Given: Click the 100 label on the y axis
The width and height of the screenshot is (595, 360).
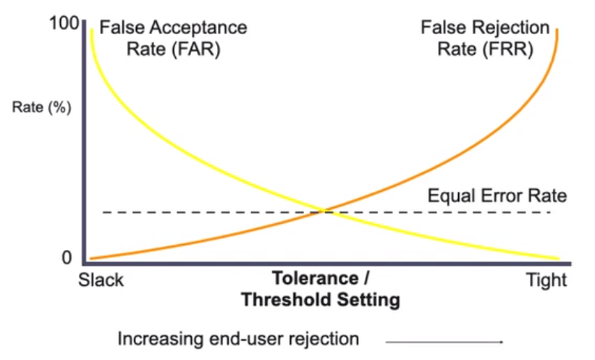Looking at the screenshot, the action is pos(64,24).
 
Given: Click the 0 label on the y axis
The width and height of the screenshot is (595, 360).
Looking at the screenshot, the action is pos(67,258).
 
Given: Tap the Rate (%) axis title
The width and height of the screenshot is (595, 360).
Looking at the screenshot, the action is pos(42,107).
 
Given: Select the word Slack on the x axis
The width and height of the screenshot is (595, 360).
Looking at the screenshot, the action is pos(101,280).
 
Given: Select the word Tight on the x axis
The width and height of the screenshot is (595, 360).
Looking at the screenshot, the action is pos(546,280).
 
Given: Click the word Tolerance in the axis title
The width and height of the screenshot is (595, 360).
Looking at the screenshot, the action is pos(316,278).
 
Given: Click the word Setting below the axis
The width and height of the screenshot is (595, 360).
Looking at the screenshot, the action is pos(368,301).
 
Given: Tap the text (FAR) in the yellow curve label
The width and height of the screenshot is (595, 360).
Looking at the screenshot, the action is pos(196,49).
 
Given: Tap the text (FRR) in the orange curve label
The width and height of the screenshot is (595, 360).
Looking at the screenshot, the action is pos(508,49).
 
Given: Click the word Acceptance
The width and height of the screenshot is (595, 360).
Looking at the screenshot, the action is pos(198,28).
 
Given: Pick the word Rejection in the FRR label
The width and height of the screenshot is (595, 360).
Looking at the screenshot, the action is pos(511,28).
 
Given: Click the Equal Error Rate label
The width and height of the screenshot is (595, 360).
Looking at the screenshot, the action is pos(497,196).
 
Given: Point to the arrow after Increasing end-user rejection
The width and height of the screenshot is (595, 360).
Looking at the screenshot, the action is pos(444,342).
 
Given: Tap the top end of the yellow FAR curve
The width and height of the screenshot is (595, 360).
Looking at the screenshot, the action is pos(91,30).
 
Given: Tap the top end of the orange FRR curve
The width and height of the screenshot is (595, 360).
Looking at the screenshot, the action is pos(557,30).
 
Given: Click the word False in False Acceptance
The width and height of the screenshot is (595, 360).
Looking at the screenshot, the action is pos(122,28).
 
